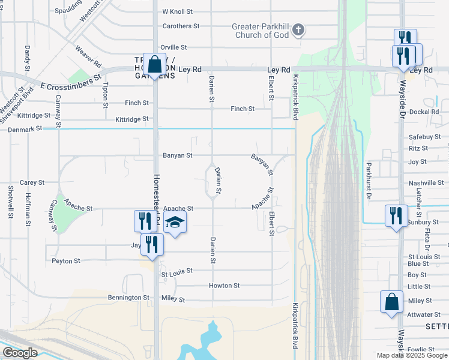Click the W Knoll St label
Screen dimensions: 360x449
(x=177, y=11)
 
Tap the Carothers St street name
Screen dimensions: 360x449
(x=181, y=26)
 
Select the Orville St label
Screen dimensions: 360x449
(x=174, y=47)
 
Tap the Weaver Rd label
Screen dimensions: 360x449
(x=88, y=56)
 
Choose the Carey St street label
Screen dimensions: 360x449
(x=32, y=182)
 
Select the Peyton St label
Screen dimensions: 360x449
(x=66, y=261)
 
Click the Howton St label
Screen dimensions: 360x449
(x=224, y=286)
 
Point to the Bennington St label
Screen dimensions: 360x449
(x=128, y=298)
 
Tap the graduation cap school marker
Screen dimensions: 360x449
(x=175, y=223)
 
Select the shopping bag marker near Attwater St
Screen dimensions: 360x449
(x=391, y=301)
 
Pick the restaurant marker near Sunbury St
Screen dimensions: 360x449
(x=396, y=215)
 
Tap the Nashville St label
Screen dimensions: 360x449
(x=426, y=183)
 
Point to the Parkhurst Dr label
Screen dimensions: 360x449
(x=369, y=180)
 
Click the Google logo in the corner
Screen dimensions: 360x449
(x=20, y=353)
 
